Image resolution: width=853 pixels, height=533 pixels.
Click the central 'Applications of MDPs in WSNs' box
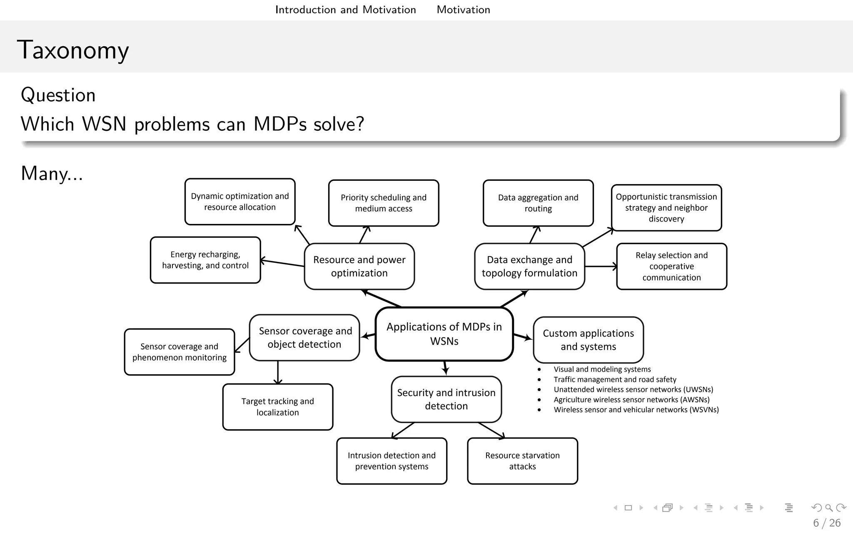click(444, 334)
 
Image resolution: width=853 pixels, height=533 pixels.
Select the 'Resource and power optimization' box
click(359, 266)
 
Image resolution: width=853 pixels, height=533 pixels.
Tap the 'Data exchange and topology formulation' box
click(529, 266)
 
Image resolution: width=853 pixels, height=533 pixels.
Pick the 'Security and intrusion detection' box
click(446, 399)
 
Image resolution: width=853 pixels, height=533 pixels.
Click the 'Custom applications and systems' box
click(588, 340)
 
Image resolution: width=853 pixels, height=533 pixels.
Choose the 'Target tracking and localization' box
click(277, 407)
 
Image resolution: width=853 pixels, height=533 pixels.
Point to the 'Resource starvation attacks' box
click(522, 461)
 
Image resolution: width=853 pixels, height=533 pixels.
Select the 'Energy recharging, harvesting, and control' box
click(205, 260)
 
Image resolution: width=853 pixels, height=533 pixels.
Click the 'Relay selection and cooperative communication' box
click(671, 266)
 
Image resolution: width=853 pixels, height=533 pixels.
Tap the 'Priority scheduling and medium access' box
click(383, 203)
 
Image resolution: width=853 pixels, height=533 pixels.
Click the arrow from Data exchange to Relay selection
click(601, 266)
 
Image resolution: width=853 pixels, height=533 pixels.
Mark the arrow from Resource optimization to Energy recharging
click(282, 263)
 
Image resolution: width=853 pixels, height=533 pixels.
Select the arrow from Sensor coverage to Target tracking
click(278, 372)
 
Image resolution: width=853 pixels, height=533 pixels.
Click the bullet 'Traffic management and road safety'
click(615, 379)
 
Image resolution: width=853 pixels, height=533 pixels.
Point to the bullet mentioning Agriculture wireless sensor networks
click(631, 400)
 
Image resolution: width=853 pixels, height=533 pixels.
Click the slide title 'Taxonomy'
click(73, 50)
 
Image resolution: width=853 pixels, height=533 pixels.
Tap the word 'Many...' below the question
click(52, 173)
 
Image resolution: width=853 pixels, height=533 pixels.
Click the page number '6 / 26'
click(826, 523)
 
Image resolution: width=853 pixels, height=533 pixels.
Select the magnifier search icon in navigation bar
click(828, 508)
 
